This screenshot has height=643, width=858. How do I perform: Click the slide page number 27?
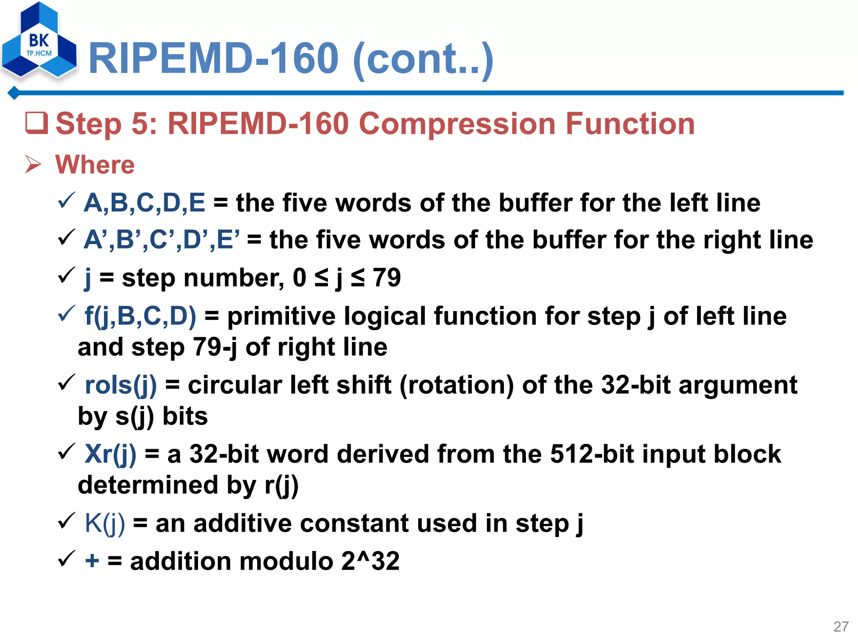(x=841, y=627)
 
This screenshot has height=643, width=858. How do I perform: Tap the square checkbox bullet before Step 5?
(x=36, y=123)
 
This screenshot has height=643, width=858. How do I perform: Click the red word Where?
(x=95, y=165)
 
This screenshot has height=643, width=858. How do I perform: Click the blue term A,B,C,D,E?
(x=145, y=203)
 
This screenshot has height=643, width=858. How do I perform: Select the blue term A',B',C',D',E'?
(x=162, y=240)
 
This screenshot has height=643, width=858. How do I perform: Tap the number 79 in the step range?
(x=387, y=278)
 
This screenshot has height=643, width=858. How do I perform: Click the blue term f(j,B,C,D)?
(x=140, y=316)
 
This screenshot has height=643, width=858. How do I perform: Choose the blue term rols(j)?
(x=121, y=385)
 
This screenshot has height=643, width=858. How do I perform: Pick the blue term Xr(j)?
(x=110, y=454)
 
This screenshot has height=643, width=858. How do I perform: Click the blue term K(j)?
(x=105, y=523)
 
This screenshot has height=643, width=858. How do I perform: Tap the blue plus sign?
(x=92, y=561)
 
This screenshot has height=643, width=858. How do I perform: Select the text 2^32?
(x=370, y=561)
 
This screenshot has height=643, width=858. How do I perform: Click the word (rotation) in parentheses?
(x=457, y=385)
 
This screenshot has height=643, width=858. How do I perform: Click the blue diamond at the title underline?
(x=14, y=93)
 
